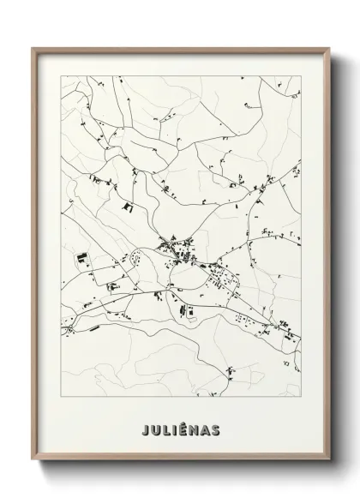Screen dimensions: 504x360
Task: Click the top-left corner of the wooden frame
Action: click(33, 48)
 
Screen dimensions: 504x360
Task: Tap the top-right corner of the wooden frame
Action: click(327, 48)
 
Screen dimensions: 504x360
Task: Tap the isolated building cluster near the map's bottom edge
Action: click(230, 371)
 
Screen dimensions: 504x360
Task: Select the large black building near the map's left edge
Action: click(82, 256)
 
